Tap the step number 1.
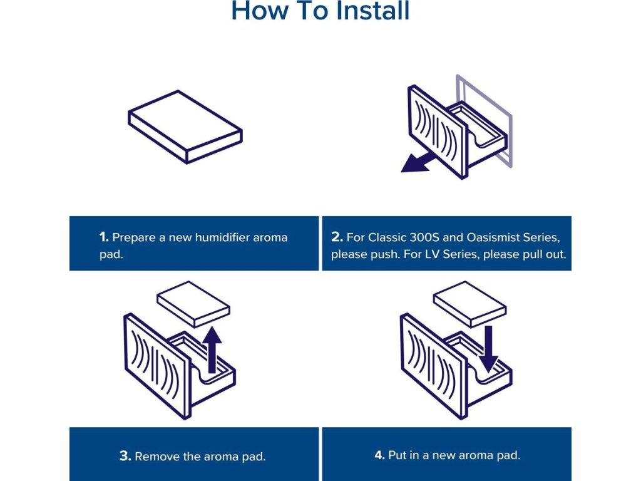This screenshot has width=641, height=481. (104, 237)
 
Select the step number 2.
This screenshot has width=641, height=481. (337, 237)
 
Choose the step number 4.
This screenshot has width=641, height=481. (379, 455)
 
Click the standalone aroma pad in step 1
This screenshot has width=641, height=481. (185, 127)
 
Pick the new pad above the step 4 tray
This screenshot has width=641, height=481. (470, 303)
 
